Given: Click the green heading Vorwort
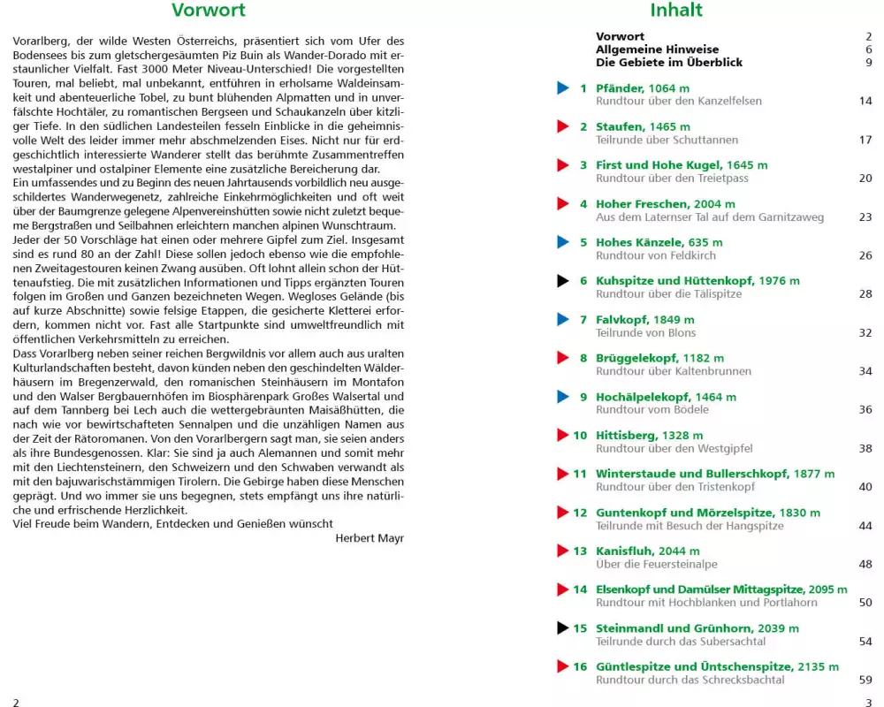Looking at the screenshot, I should [x=209, y=11].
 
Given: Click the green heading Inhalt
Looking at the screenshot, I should [x=676, y=11].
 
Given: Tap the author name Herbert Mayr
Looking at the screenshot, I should [x=370, y=537].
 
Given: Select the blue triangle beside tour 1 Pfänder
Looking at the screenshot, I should [x=563, y=88].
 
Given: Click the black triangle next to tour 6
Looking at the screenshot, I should [x=563, y=281].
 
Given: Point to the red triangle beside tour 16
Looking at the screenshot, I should [x=563, y=666].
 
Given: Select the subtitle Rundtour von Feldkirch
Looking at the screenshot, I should [x=651, y=255].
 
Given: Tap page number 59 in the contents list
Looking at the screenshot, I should [x=865, y=680].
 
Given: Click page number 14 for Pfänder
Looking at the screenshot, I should [x=865, y=101].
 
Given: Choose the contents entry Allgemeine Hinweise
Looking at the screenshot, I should [x=657, y=49].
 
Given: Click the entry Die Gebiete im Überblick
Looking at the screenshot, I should [x=669, y=63].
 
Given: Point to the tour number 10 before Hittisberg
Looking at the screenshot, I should [x=580, y=435].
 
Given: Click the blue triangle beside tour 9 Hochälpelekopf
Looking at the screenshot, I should [x=563, y=397].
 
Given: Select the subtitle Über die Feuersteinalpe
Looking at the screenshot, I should [x=656, y=564].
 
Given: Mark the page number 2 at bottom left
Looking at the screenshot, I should [x=16, y=701].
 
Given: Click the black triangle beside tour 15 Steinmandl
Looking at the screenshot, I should [x=563, y=628].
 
